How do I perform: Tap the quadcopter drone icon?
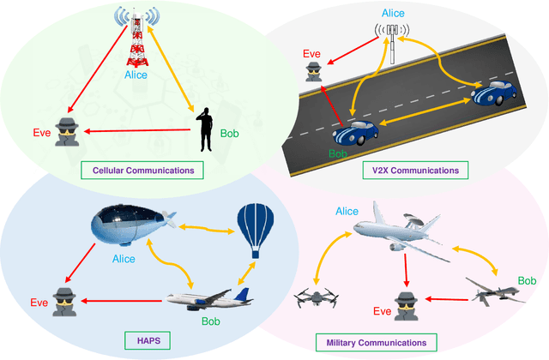(x=313, y=298)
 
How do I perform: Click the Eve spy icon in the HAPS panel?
(x=64, y=301)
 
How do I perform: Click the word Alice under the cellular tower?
(x=136, y=75)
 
